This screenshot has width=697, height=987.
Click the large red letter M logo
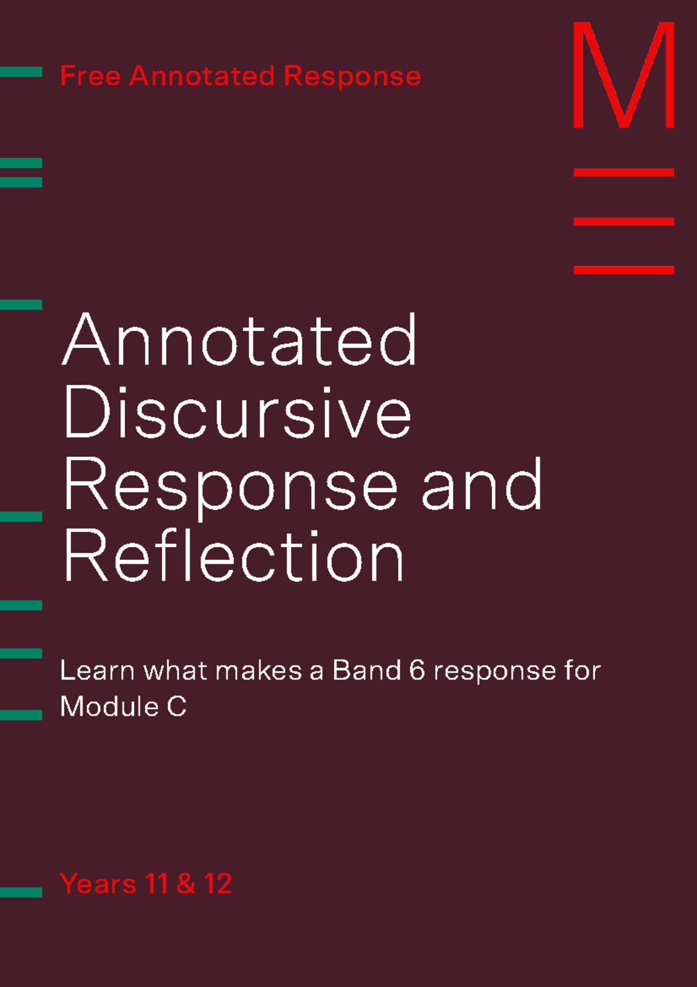click(623, 76)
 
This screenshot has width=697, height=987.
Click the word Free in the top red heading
click(90, 76)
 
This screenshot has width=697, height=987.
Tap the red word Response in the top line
click(352, 76)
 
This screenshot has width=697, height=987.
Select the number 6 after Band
click(417, 671)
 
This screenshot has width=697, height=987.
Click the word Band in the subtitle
click(367, 671)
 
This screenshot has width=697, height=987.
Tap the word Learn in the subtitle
click(97, 671)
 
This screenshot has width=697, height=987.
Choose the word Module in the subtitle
click(109, 707)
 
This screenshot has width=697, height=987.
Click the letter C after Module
click(177, 707)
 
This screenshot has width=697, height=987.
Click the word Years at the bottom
click(98, 884)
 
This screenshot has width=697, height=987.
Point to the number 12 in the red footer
click(218, 884)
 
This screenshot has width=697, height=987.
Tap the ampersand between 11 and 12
click(186, 884)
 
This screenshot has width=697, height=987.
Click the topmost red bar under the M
click(623, 173)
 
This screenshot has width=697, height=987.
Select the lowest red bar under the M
click(623, 270)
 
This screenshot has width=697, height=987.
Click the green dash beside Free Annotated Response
click(21, 72)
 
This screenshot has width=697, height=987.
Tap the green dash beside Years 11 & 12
click(21, 892)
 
